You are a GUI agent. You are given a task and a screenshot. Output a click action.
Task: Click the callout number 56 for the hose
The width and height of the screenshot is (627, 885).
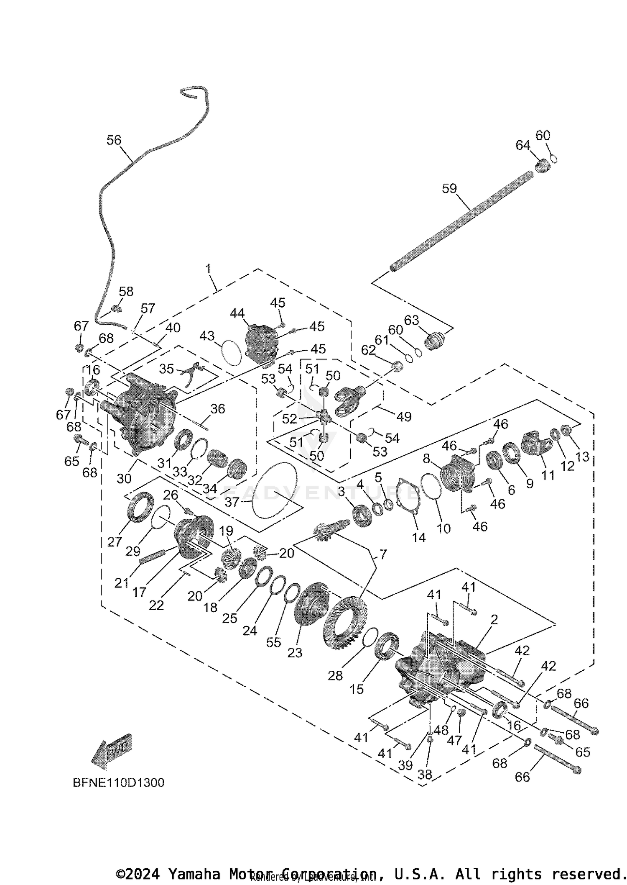(x=114, y=140)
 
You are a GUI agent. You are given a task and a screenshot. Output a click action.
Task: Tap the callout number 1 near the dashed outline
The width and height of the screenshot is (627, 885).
(x=208, y=269)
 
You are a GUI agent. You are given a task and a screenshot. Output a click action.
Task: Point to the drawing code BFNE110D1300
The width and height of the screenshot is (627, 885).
(x=118, y=782)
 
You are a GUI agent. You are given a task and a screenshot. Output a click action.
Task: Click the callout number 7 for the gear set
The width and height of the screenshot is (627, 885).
(x=383, y=555)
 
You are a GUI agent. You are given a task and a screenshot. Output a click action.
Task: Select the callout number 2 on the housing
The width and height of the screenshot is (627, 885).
(x=494, y=620)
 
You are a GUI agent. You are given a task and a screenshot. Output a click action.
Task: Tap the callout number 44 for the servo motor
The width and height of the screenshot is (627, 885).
(x=237, y=313)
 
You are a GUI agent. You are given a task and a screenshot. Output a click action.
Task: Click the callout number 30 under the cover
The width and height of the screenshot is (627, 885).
(x=124, y=478)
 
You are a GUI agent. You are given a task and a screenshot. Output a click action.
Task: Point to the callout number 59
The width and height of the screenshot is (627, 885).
(x=449, y=189)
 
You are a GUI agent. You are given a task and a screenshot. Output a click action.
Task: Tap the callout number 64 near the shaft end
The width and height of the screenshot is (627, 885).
(x=522, y=145)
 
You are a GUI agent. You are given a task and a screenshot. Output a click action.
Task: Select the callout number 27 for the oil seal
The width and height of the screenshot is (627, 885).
(x=114, y=541)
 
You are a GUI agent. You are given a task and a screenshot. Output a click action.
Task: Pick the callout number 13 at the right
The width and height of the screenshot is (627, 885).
(x=582, y=457)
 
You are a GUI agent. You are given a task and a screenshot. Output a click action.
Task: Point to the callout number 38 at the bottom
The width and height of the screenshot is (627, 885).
(x=425, y=774)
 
